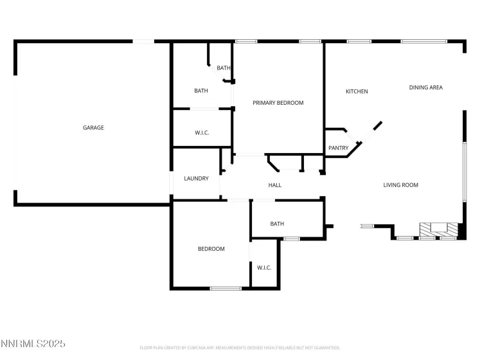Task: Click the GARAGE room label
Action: [x=93, y=127]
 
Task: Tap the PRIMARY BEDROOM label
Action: [x=278, y=103]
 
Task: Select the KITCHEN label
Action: [x=357, y=91]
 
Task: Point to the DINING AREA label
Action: [x=425, y=87]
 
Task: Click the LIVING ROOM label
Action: [x=400, y=185]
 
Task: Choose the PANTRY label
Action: [x=338, y=148]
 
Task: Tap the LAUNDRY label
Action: [x=196, y=178]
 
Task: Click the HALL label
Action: [x=274, y=185]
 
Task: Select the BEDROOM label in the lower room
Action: [x=211, y=249]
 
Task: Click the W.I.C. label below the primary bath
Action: [x=202, y=132]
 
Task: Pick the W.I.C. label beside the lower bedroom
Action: [x=264, y=267]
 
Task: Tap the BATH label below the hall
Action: [x=277, y=224]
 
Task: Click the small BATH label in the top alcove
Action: [x=223, y=68]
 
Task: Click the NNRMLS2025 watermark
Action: [x=33, y=344]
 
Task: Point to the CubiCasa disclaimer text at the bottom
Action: [x=240, y=348]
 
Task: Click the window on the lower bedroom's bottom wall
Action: [x=226, y=288]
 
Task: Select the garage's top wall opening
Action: [x=143, y=42]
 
